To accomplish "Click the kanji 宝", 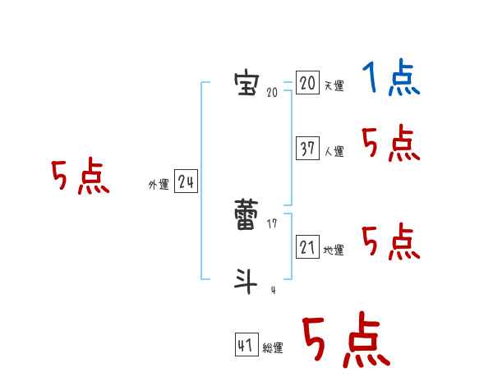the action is click(245, 83).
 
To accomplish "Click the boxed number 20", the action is click(307, 83).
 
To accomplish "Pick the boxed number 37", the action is click(307, 148).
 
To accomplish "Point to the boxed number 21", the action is click(307, 246).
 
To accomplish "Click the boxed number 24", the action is click(186, 182).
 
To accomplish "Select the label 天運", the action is click(334, 86).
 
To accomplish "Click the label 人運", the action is click(334, 152).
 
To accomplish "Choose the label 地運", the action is click(334, 250).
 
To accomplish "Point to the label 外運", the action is click(158, 186).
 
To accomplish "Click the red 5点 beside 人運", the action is click(391, 145).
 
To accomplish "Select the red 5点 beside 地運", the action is click(391, 241).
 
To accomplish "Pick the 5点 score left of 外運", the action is click(81, 177).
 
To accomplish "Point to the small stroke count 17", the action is click(272, 224).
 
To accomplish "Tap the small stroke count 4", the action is click(273, 290).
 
